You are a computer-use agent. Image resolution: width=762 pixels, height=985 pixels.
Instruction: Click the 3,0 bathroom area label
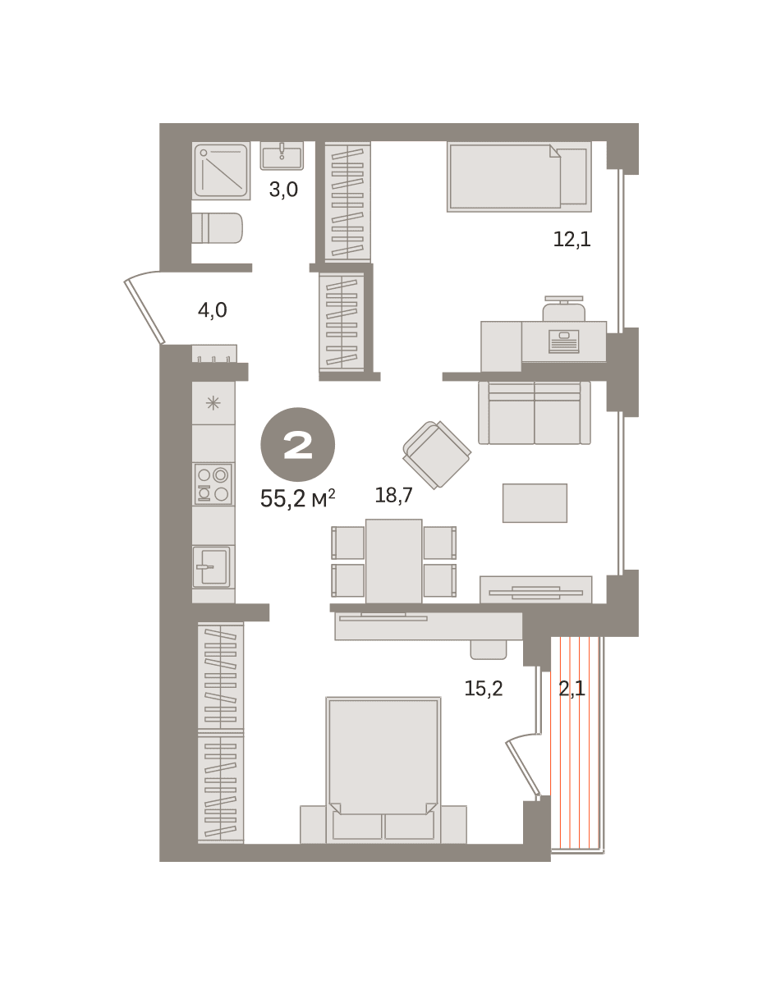(x=283, y=190)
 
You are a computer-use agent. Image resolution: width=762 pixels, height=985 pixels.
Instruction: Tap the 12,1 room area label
(x=572, y=239)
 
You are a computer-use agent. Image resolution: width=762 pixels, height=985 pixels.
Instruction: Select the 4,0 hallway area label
(x=213, y=310)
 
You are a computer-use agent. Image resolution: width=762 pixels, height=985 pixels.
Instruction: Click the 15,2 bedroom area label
(x=483, y=688)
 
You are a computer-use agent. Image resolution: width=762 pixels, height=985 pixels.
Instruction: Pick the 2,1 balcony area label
(x=572, y=688)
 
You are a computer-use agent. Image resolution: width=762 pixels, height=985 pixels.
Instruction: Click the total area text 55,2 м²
(x=298, y=498)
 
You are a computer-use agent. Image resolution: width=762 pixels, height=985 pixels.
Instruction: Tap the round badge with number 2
(x=298, y=444)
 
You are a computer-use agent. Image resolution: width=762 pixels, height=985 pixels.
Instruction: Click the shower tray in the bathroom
(x=221, y=171)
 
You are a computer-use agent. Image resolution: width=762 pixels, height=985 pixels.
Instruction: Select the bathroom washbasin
(x=282, y=156)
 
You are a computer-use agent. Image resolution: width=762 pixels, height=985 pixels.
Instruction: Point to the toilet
(x=217, y=228)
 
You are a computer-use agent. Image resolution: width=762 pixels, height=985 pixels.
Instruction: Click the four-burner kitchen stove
(x=213, y=483)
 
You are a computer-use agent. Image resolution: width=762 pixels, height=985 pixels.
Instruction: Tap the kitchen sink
(x=212, y=566)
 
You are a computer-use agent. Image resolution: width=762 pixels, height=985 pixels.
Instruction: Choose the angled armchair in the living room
(x=437, y=455)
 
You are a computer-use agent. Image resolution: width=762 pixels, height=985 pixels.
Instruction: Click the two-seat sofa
(x=535, y=413)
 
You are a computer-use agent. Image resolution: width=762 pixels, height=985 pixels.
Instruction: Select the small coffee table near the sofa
(x=535, y=502)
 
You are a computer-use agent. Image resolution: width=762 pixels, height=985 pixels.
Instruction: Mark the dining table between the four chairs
(x=393, y=561)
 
